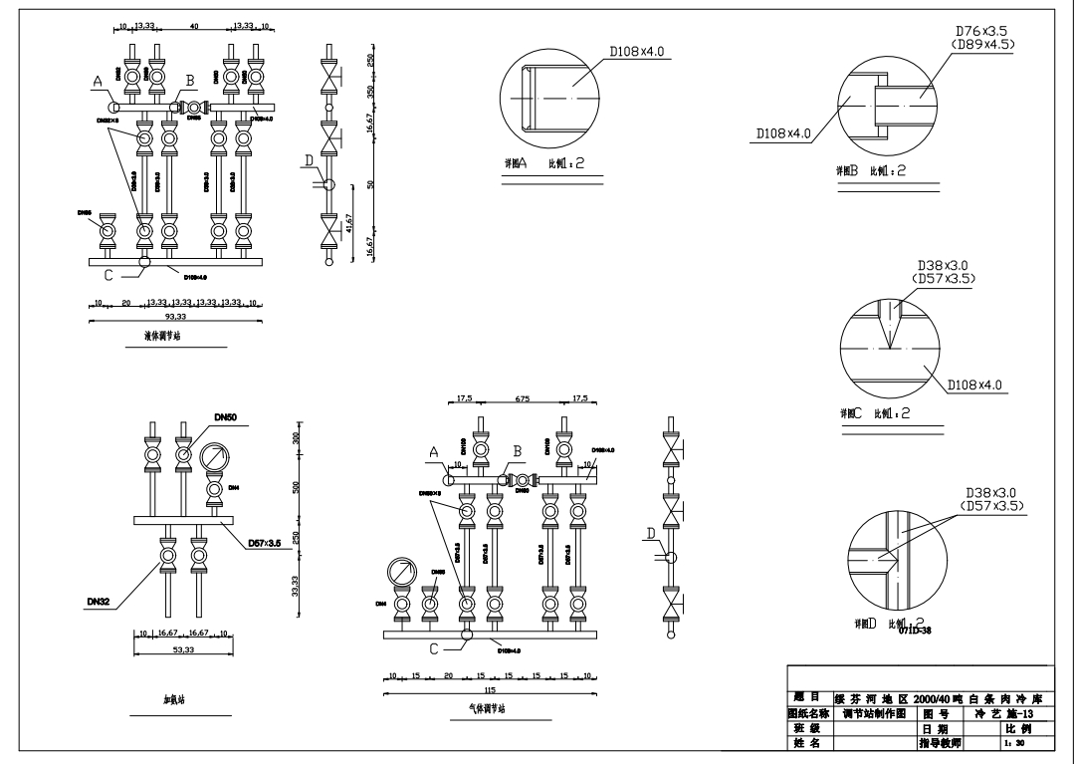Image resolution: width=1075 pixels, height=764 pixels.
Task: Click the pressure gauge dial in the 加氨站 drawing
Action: coord(215,459)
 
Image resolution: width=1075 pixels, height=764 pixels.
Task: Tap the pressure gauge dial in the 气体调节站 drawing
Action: coord(402,573)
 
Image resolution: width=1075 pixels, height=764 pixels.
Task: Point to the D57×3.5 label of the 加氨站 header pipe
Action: coord(262,543)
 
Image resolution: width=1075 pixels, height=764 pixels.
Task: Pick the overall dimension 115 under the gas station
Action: coord(490,689)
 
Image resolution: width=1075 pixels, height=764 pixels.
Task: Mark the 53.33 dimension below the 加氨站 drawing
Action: coord(183,649)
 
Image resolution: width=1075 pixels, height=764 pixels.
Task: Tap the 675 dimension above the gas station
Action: coord(522,399)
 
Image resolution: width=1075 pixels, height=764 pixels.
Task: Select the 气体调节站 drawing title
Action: coord(488,709)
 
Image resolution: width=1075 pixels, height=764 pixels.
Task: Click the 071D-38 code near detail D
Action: coord(915,630)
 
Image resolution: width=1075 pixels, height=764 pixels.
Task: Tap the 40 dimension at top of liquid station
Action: coord(193,26)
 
